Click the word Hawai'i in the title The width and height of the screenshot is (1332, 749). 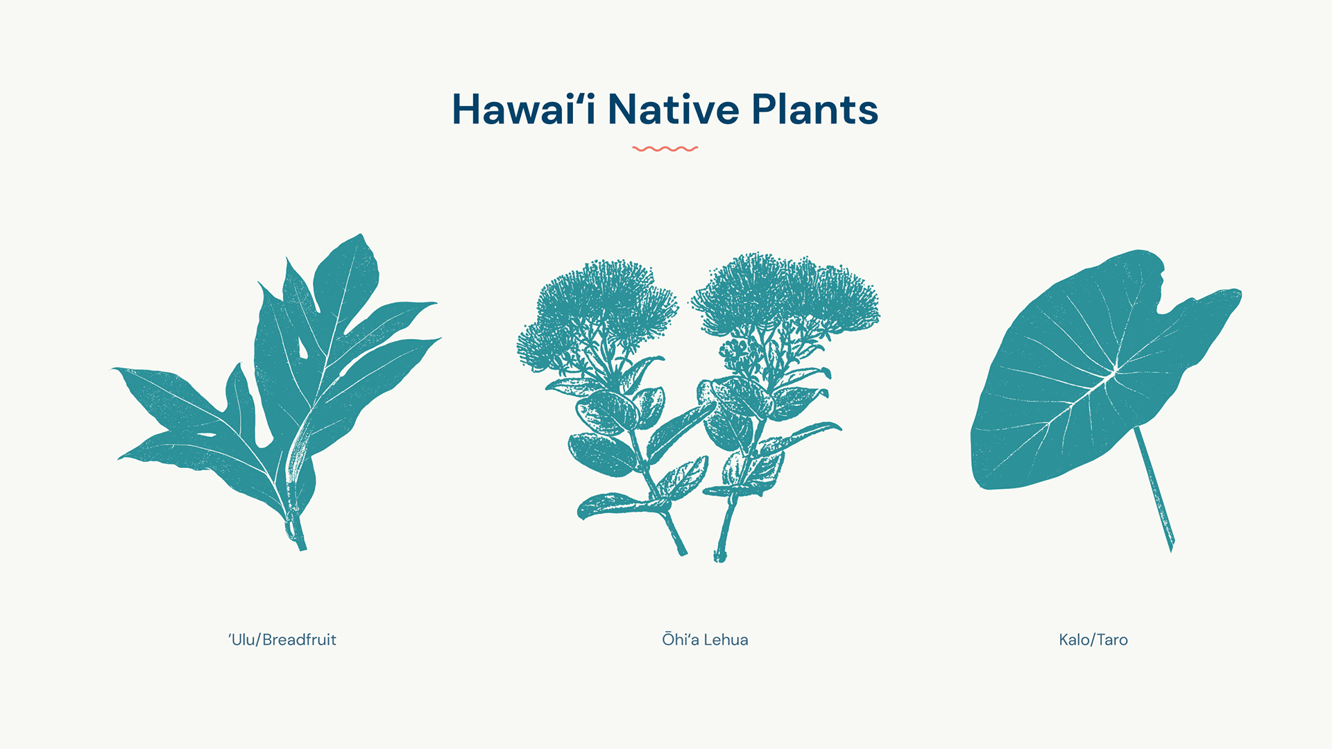524,110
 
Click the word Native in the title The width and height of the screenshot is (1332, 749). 674,110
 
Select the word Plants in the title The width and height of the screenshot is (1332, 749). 815,110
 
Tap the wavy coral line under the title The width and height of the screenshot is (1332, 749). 665,148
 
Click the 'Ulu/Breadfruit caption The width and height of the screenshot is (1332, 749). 282,639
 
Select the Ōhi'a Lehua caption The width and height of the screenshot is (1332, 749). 705,639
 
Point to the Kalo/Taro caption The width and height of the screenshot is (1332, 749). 1093,639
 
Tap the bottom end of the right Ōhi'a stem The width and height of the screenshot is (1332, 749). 719,556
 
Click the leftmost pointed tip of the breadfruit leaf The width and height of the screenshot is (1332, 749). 114,369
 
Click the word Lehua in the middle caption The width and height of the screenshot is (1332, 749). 726,639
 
